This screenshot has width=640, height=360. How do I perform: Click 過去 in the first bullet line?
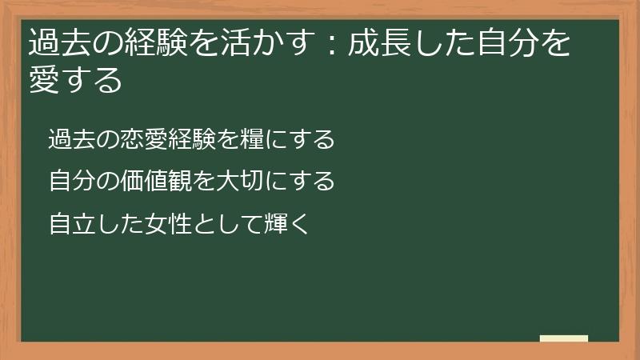click(69, 139)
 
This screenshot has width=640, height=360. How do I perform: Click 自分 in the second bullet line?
click(69, 182)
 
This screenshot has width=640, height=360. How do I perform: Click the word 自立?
click(69, 224)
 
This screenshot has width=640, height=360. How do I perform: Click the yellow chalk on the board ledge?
click(564, 338)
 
